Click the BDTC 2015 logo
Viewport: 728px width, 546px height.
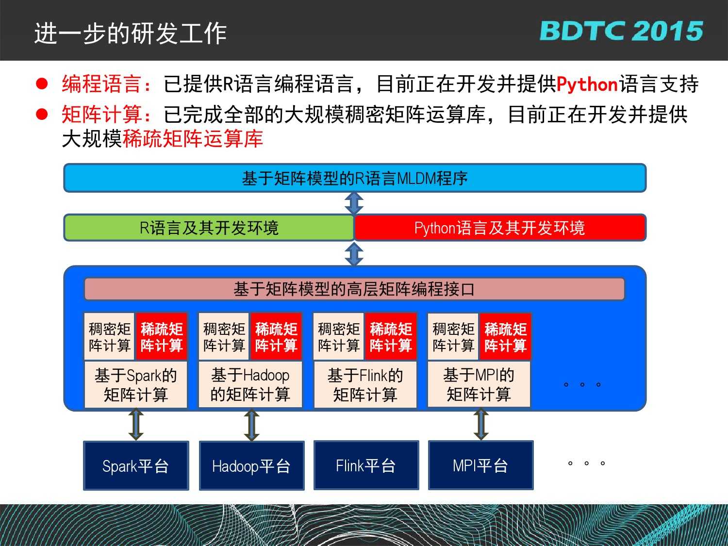coord(621,31)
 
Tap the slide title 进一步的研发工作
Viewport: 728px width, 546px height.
coord(131,33)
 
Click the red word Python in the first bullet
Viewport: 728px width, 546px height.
coord(587,84)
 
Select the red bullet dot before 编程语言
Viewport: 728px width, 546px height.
coord(42,83)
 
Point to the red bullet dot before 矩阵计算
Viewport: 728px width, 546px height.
coord(42,115)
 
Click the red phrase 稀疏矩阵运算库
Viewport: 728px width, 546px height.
coord(193,138)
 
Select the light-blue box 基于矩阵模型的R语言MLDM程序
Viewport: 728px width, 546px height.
coord(355,178)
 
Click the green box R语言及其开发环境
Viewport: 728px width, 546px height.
coord(209,228)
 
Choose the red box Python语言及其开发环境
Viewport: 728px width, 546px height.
coord(500,228)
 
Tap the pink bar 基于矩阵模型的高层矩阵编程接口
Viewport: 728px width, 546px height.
coord(354,289)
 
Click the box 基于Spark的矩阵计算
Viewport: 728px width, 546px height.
coord(135,384)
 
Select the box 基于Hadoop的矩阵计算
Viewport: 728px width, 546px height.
coord(250,384)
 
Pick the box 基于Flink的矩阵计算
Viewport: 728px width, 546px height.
coord(365,384)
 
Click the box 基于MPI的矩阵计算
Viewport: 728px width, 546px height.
coord(479,384)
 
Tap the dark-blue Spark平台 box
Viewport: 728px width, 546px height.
coord(136,465)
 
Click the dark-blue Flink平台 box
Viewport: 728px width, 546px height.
coord(366,465)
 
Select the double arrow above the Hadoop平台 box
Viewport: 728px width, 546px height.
coord(252,425)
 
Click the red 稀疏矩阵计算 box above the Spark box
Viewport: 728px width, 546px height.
coord(162,336)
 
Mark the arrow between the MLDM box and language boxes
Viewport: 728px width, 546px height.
coord(354,203)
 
